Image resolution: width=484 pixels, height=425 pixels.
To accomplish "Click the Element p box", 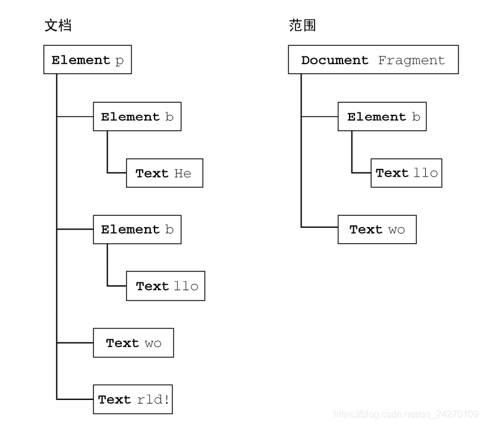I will pyautogui.click(x=87, y=60).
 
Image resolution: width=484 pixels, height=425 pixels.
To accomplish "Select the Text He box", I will pyautogui.click(x=164, y=173).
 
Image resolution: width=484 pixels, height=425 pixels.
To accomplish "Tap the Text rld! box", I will pyautogui.click(x=133, y=399).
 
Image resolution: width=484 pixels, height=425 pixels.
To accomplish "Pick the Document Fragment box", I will pyautogui.click(x=373, y=60).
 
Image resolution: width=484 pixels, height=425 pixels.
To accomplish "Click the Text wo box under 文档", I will pyautogui.click(x=133, y=343).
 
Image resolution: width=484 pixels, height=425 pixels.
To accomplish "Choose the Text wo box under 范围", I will pyautogui.click(x=377, y=229).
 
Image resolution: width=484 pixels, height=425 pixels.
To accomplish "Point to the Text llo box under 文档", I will pyautogui.click(x=165, y=286).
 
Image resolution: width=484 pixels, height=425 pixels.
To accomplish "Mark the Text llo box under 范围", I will pyautogui.click(x=406, y=173).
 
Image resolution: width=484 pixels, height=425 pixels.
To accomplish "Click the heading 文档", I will pyautogui.click(x=58, y=26).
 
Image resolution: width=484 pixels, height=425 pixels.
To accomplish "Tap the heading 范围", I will pyautogui.click(x=302, y=26).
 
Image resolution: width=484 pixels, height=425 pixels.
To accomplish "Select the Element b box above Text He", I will pyautogui.click(x=137, y=117).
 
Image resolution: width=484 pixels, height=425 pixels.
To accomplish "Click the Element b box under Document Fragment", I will pyautogui.click(x=382, y=117).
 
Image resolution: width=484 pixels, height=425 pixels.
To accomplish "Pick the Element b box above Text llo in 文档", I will pyautogui.click(x=137, y=229).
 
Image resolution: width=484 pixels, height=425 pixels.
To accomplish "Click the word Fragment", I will pyautogui.click(x=411, y=60).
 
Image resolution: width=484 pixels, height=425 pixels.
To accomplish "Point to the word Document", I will pyautogui.click(x=335, y=60).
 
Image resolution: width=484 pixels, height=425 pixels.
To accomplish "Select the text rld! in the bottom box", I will pyautogui.click(x=153, y=399).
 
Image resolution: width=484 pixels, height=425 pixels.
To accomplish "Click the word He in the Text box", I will pyautogui.click(x=183, y=173).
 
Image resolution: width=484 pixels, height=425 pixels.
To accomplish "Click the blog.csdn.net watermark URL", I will pyautogui.click(x=406, y=414).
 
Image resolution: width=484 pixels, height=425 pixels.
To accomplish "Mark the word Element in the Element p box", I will pyautogui.click(x=81, y=60).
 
